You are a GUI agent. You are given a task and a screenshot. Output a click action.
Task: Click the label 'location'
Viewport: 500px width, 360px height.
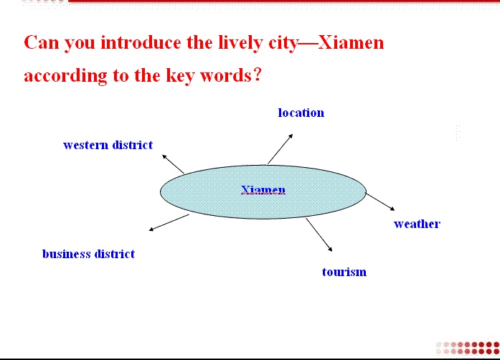tap(301, 113)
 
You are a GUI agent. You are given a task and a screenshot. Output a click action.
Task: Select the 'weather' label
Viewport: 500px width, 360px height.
tap(417, 224)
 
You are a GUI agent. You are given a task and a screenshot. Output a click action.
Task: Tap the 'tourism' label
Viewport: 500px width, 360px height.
tap(344, 272)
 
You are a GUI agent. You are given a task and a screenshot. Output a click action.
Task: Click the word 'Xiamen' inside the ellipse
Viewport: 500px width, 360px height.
tap(263, 190)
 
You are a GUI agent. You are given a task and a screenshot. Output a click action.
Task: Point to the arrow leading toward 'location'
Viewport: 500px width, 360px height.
tap(280, 149)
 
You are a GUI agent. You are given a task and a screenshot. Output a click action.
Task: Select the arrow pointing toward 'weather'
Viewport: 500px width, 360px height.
tap(380, 202)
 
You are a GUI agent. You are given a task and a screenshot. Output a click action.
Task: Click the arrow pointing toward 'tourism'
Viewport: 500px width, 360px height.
tap(319, 235)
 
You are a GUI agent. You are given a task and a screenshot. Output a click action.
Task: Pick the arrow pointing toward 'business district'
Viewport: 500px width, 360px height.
tap(169, 222)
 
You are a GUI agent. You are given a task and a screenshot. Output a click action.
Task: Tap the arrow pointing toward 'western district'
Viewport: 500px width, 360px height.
tap(173, 164)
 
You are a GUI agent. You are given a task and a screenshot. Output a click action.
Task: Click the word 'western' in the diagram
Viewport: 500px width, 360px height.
tap(86, 145)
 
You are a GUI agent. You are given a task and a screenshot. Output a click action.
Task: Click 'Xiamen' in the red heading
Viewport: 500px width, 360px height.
tap(351, 43)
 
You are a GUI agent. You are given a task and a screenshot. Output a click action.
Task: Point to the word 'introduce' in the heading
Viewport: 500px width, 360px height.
tap(141, 43)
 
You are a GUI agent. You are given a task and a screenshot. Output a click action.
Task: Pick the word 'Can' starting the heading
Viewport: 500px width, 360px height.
tap(42, 43)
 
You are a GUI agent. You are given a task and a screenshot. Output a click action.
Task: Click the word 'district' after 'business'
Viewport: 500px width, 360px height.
tap(115, 254)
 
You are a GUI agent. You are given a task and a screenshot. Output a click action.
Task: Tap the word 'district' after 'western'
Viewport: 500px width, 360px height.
tap(133, 145)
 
